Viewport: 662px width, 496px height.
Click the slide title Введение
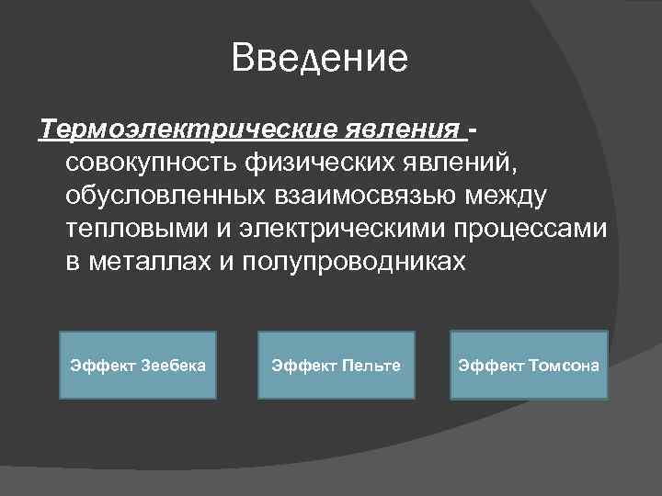pyautogui.click(x=320, y=58)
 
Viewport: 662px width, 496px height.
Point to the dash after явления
pyautogui.click(x=473, y=130)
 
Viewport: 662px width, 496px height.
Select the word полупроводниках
pyautogui.click(x=357, y=262)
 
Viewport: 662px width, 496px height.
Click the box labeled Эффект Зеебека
pyautogui.click(x=138, y=366)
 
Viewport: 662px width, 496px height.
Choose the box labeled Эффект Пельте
pyautogui.click(x=336, y=366)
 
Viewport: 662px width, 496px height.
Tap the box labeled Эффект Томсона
pyautogui.click(x=529, y=366)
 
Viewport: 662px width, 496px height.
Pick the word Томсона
pyautogui.click(x=564, y=366)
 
